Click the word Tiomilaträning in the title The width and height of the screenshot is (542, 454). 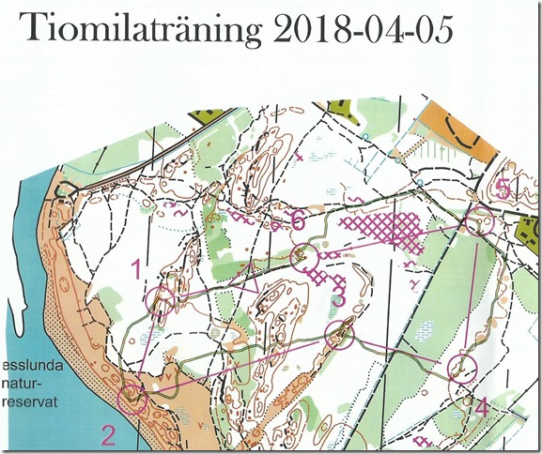[142, 31]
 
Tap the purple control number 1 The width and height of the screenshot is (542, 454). [137, 271]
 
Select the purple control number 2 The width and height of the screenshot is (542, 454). [108, 434]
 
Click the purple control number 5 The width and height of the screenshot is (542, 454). [503, 189]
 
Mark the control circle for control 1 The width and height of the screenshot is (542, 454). [161, 301]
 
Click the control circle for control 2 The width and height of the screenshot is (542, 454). [132, 399]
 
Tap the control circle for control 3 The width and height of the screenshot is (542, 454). [339, 332]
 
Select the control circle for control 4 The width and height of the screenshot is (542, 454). [461, 368]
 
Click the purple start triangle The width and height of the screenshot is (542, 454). [254, 280]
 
